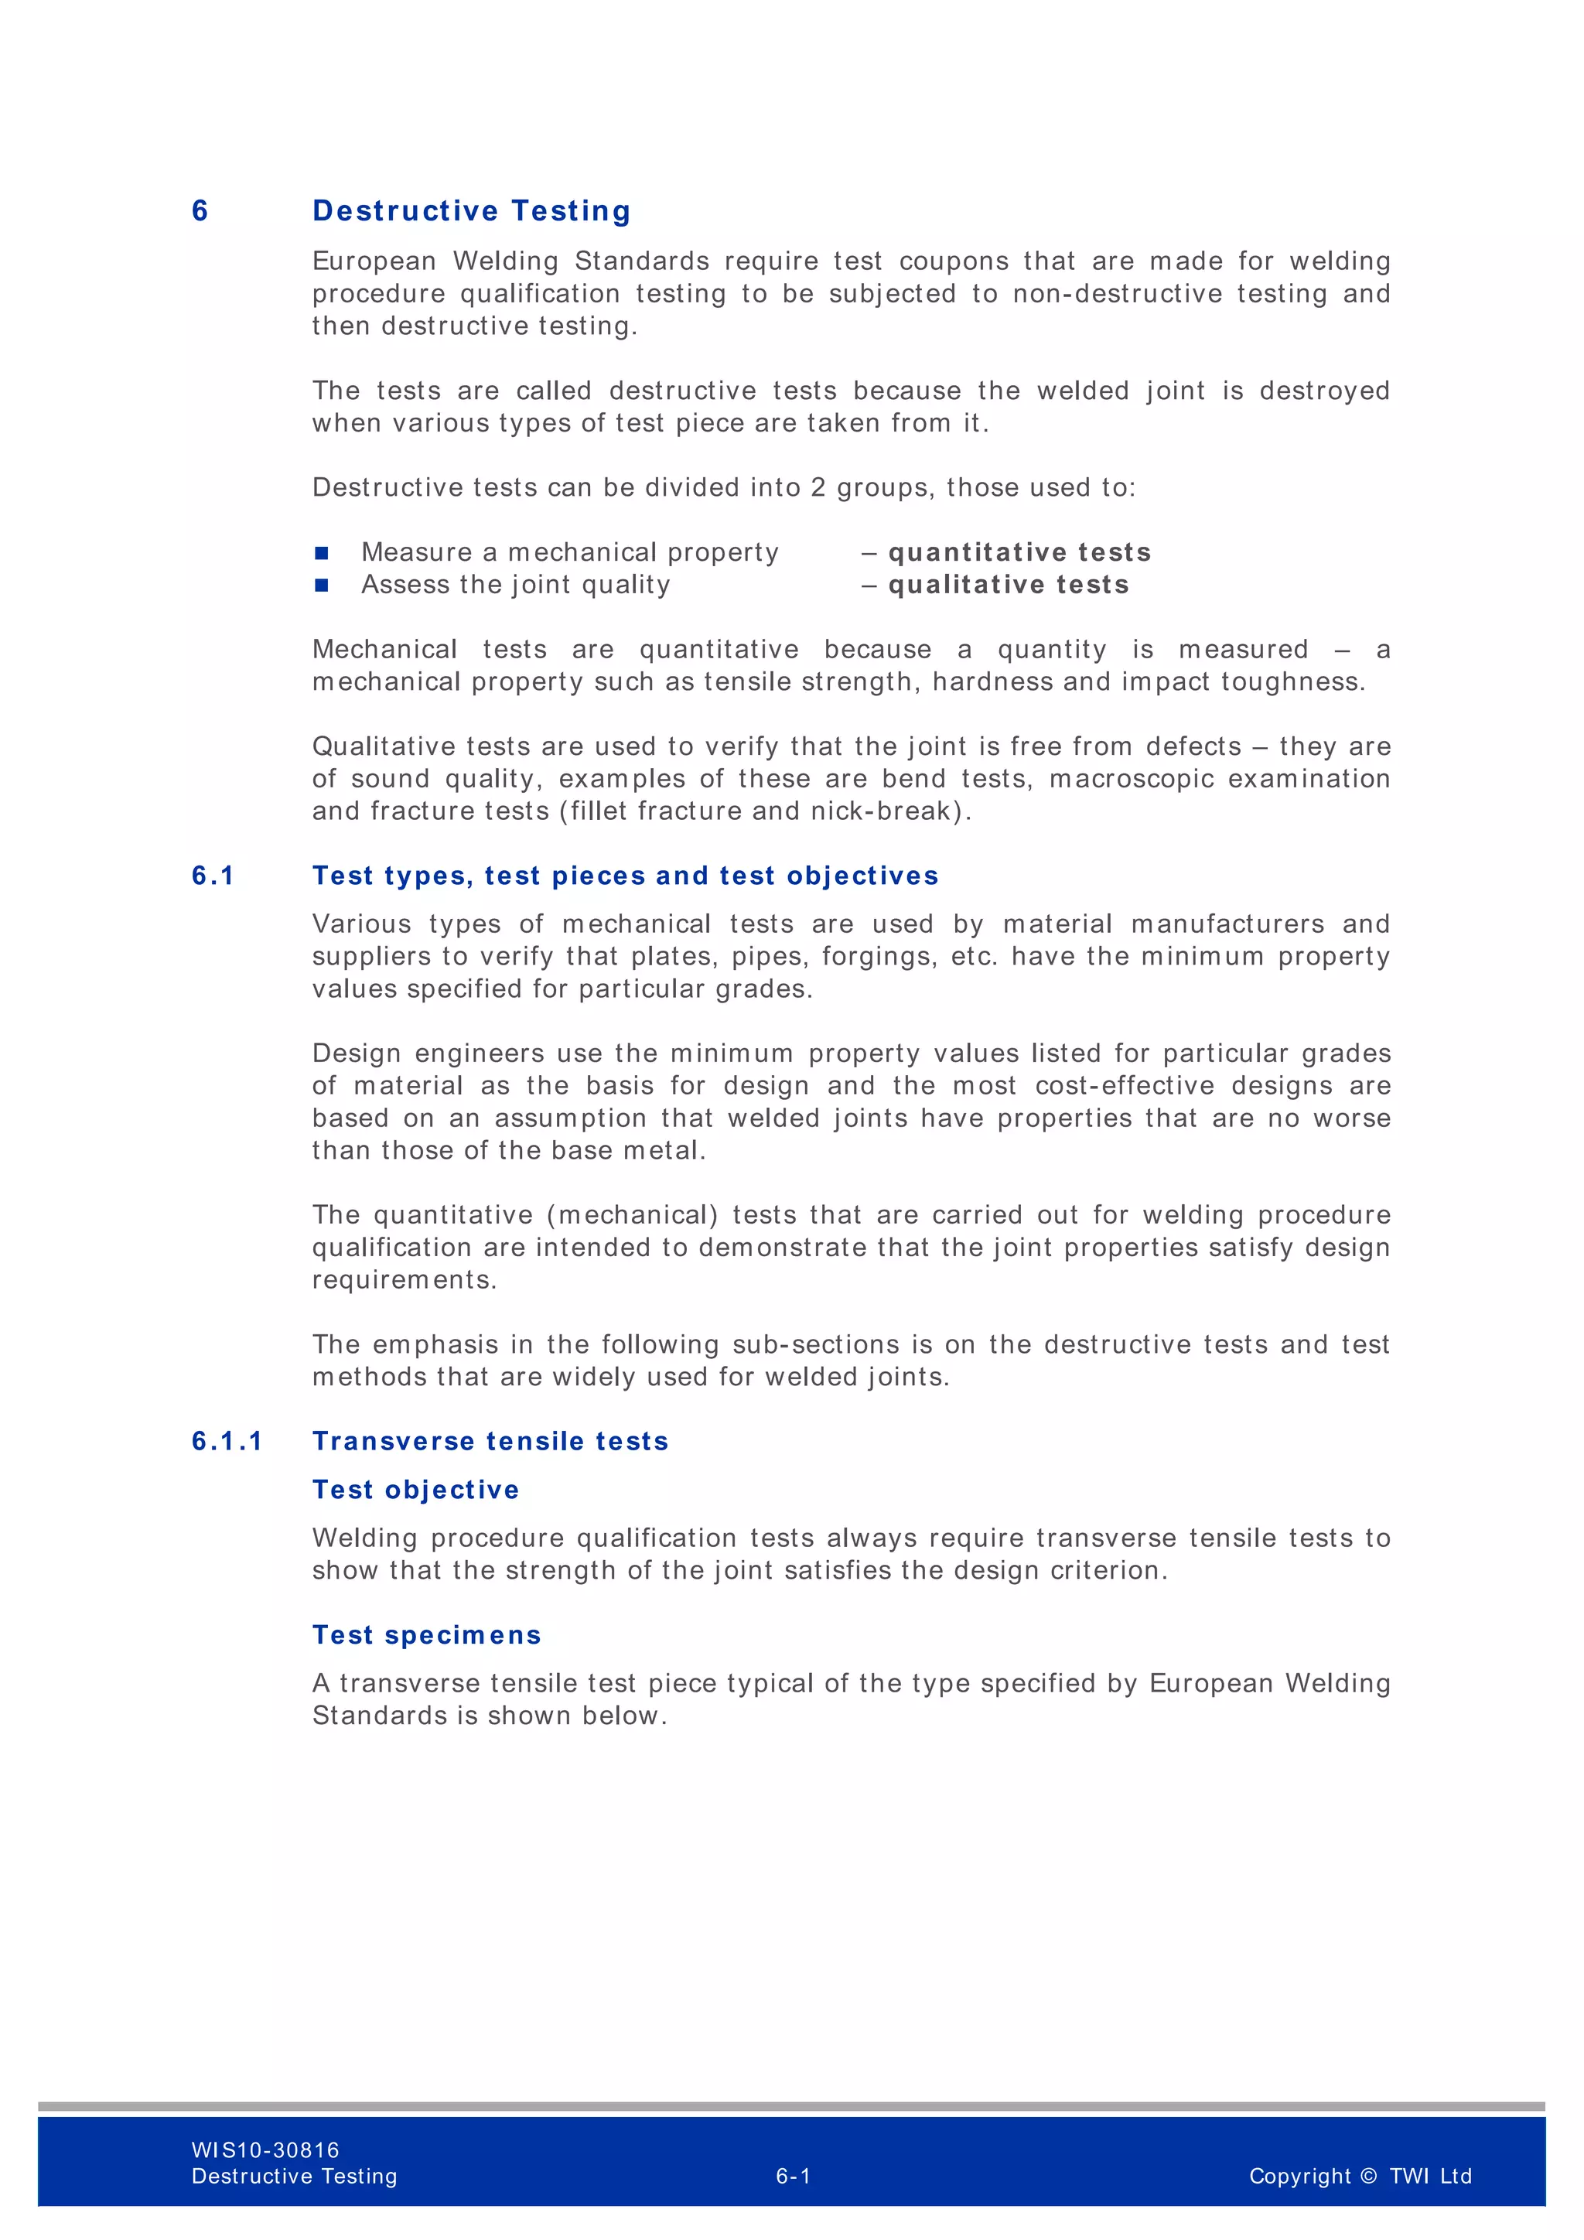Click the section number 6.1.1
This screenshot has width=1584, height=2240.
(x=227, y=1441)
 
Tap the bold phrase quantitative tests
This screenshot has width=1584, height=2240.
(x=1019, y=552)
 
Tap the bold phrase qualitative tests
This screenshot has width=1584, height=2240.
(x=1009, y=585)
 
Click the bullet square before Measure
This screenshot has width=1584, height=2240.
(x=322, y=553)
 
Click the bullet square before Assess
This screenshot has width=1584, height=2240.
(x=322, y=586)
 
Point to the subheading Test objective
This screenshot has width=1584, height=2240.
(x=415, y=1490)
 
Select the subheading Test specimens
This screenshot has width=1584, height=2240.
(x=426, y=1635)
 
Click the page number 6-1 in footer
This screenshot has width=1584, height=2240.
(x=793, y=2176)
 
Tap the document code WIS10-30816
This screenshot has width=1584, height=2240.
(x=265, y=2150)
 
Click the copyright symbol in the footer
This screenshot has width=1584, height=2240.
(x=1367, y=2176)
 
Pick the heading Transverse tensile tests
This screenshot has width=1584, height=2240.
(x=490, y=1441)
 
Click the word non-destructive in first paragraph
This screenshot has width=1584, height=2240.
(x=1117, y=294)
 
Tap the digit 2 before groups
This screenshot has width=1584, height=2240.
(x=818, y=488)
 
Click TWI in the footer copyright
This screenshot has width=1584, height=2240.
(x=1408, y=2176)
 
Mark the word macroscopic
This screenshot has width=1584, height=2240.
(x=1132, y=779)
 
